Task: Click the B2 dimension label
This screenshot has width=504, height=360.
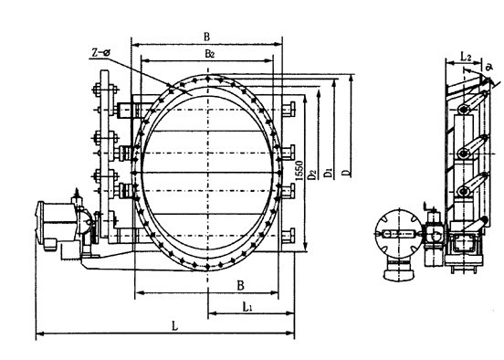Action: pos(210,54)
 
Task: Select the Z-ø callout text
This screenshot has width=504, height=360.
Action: pos(100,52)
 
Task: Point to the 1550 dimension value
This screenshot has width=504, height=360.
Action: pos(299,171)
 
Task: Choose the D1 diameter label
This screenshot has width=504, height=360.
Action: pos(328,173)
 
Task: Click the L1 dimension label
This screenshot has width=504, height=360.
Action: pos(247,308)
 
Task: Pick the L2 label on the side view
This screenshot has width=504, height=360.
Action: pos(466,57)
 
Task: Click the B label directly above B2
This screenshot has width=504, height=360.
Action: pos(206,37)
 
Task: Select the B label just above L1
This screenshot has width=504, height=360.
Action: pos(240,285)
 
